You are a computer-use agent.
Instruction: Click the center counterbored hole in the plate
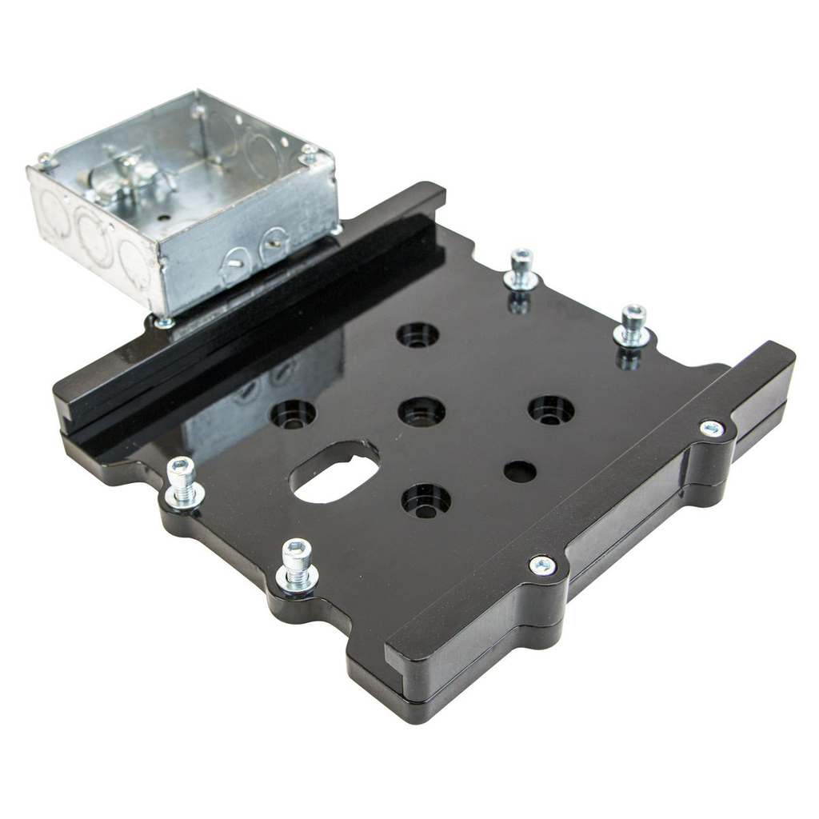(x=421, y=412)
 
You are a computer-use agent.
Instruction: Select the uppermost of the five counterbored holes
(x=417, y=334)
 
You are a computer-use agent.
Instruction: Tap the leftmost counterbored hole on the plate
(x=293, y=413)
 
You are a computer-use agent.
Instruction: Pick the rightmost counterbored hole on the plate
(x=551, y=409)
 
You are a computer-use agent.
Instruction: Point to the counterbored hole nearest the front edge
(x=425, y=501)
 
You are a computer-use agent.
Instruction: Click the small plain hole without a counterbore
(x=520, y=471)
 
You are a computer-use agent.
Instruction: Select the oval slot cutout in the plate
(x=334, y=473)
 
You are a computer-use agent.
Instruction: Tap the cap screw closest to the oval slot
(x=183, y=481)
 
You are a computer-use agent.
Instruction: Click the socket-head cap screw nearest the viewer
(x=297, y=563)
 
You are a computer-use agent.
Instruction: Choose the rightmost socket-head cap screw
(x=633, y=324)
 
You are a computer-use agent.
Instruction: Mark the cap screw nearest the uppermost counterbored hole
(x=521, y=269)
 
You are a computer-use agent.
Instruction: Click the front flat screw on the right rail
(x=542, y=566)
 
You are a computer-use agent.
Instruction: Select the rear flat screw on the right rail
(x=711, y=429)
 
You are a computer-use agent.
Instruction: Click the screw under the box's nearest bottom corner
(x=163, y=322)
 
